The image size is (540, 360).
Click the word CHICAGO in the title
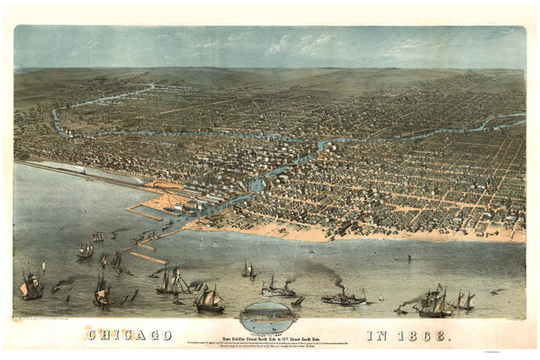pos(130,335)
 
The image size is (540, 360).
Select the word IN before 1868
pos(378,335)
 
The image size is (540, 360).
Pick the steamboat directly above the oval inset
pos(277,288)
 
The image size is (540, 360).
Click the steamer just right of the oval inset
pos(344,297)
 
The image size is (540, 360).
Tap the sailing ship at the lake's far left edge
pos(31,287)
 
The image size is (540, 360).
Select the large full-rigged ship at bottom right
pos(434,302)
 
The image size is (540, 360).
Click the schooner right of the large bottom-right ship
pos(463,301)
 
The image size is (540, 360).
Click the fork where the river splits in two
pos(317,143)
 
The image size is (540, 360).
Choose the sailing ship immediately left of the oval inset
pos(209,298)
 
